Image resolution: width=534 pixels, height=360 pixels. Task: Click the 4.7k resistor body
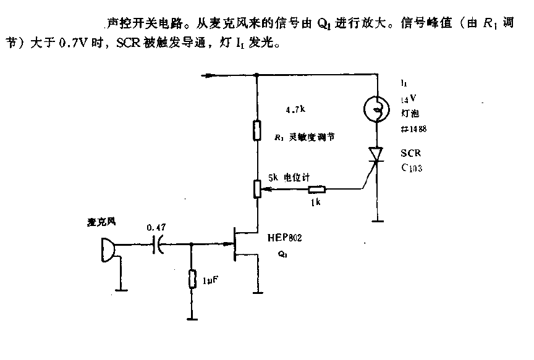tap(256, 132)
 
